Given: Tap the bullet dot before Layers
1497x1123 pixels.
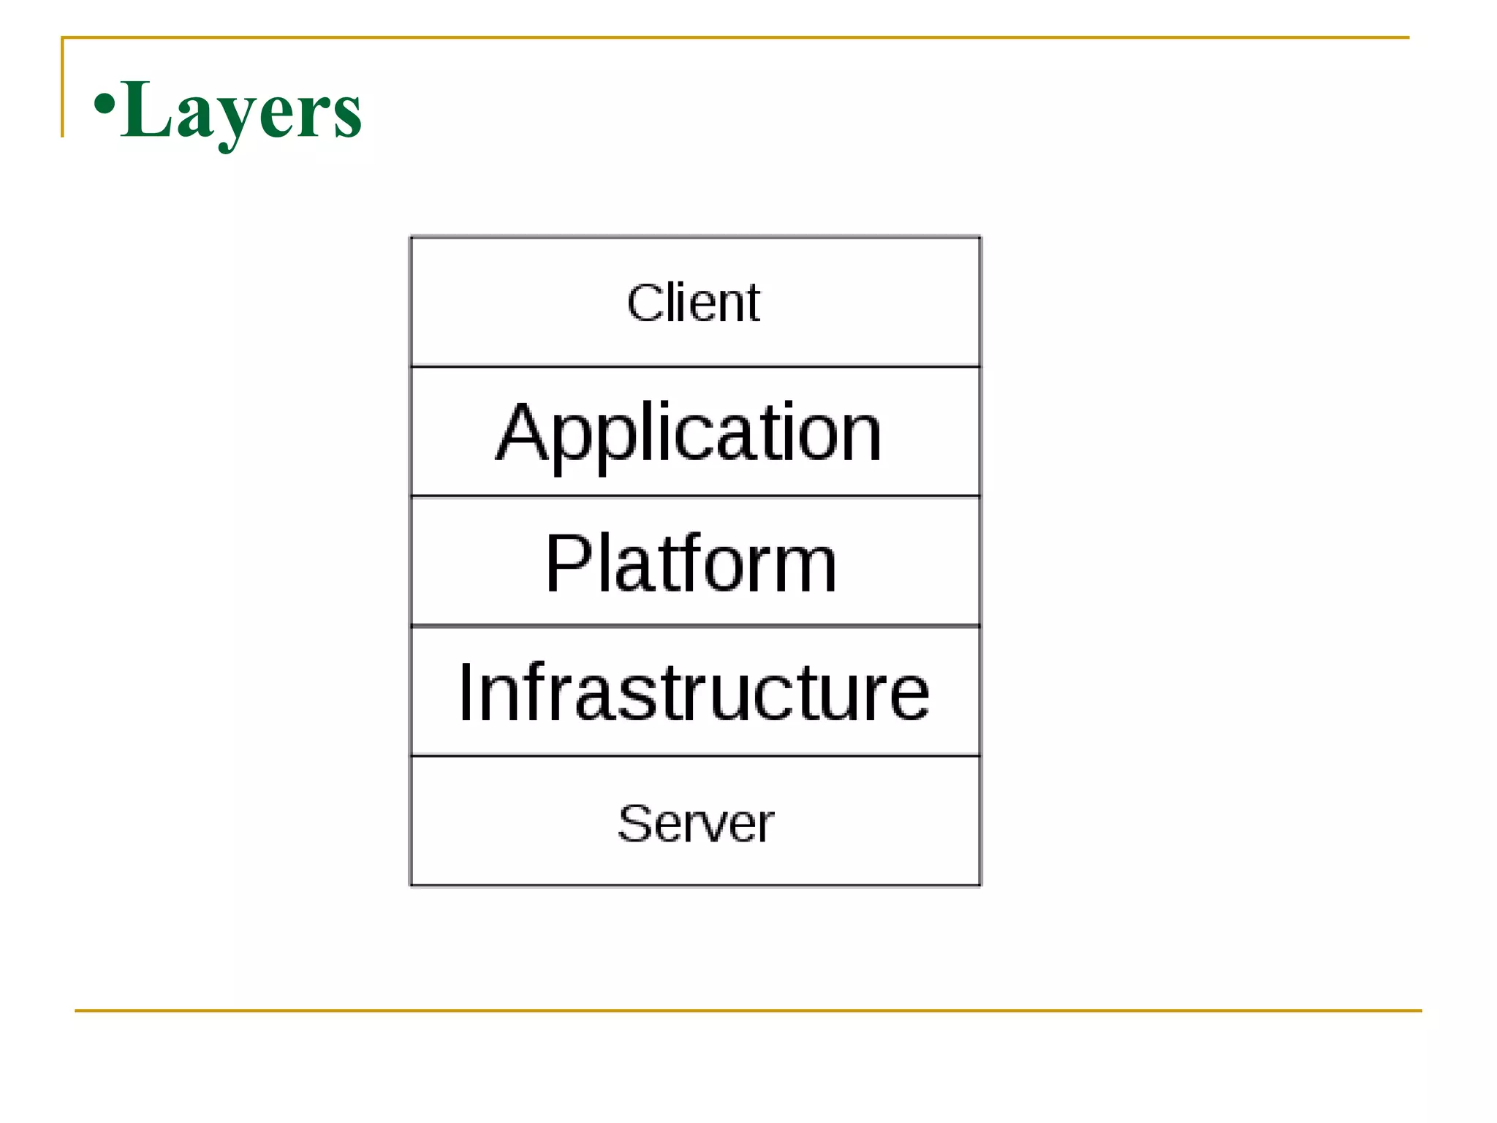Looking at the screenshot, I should pyautogui.click(x=105, y=103).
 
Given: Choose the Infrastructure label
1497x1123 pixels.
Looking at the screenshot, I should pyautogui.click(x=693, y=692).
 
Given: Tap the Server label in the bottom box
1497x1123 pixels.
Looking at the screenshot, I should pyautogui.click(x=695, y=823).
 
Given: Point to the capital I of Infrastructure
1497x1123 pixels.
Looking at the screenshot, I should pyautogui.click(x=466, y=692).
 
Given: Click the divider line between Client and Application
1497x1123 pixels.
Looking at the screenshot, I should pyautogui.click(x=694, y=366).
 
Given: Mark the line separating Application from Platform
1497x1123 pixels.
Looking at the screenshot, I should pyautogui.click(x=694, y=496).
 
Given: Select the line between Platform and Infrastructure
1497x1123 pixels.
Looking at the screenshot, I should pyautogui.click(x=694, y=626).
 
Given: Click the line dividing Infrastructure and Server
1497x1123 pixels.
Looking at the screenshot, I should pyautogui.click(x=694, y=756).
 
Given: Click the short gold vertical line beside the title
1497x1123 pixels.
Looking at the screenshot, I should pyautogui.click(x=63, y=88).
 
